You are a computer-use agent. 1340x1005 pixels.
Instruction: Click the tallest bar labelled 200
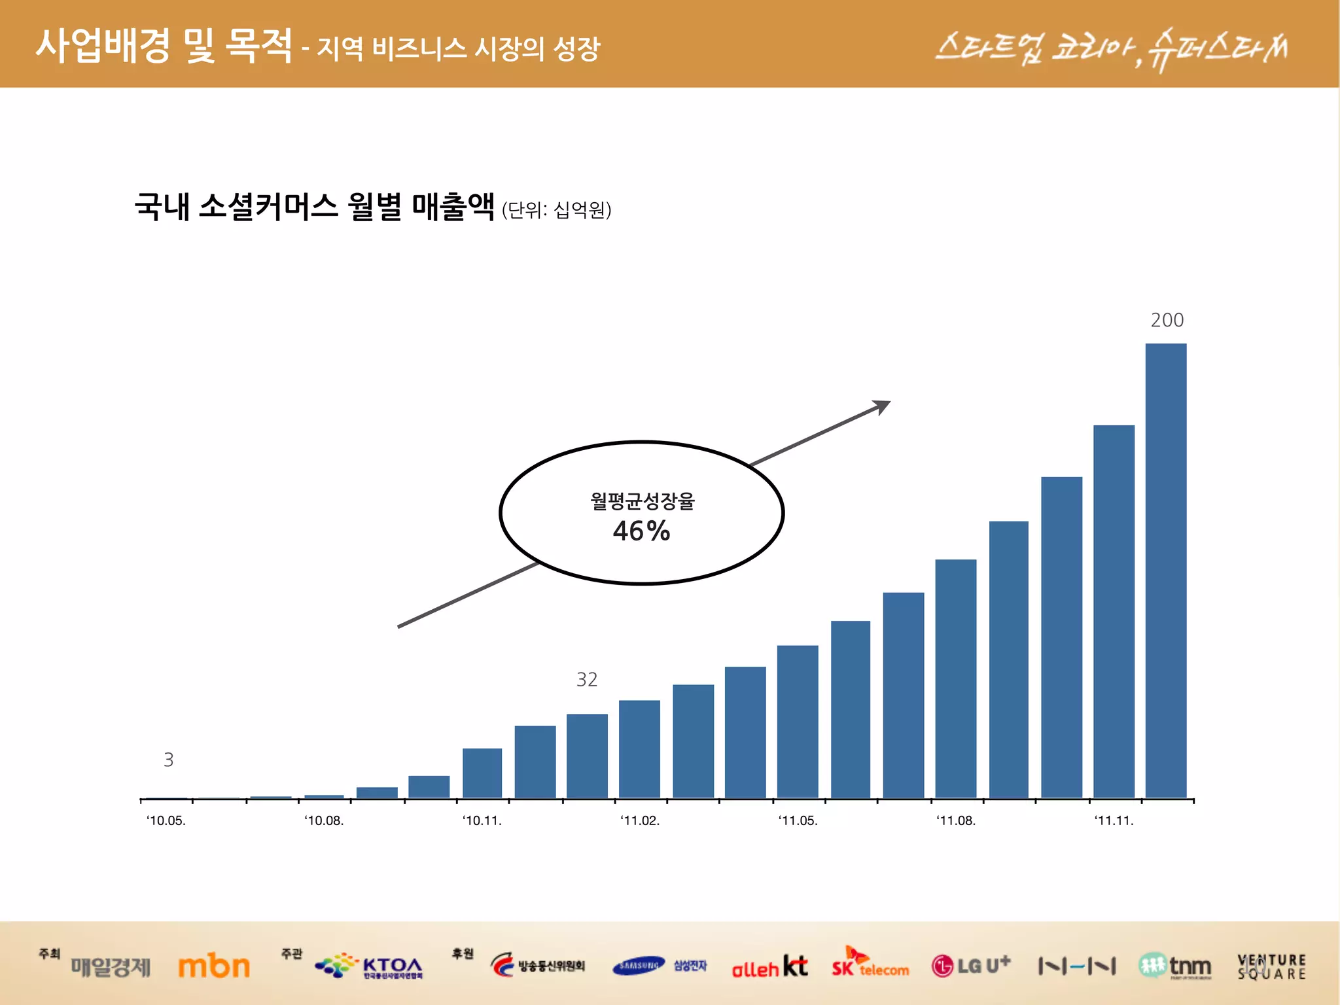pyautogui.click(x=1165, y=569)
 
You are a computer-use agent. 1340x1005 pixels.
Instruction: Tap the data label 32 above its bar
pyautogui.click(x=586, y=680)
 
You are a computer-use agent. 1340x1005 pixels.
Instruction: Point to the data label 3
pyautogui.click(x=168, y=760)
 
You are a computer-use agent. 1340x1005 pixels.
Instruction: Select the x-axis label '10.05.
pyautogui.click(x=166, y=820)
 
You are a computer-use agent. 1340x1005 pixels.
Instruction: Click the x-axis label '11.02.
pyautogui.click(x=640, y=820)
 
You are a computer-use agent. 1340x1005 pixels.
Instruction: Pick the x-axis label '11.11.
pyautogui.click(x=1114, y=820)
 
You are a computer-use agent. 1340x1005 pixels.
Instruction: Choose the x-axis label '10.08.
pyautogui.click(x=324, y=820)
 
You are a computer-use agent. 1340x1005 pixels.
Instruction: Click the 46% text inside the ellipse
pyautogui.click(x=641, y=531)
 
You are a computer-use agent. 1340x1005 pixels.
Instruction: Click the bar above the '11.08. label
pyautogui.click(x=955, y=678)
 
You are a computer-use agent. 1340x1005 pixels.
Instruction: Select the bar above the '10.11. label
pyautogui.click(x=482, y=773)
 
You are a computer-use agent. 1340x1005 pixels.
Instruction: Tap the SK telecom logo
pyautogui.click(x=870, y=964)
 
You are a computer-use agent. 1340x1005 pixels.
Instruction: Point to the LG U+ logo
pyautogui.click(x=971, y=965)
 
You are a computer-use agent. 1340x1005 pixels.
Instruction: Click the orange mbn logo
pyautogui.click(x=214, y=966)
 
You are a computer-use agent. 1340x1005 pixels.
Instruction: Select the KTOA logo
pyautogui.click(x=370, y=966)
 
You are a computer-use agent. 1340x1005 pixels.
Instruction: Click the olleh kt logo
pyautogui.click(x=769, y=966)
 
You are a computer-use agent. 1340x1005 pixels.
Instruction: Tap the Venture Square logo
pyautogui.click(x=1271, y=966)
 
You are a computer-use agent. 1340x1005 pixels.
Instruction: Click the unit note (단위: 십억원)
pyautogui.click(x=556, y=210)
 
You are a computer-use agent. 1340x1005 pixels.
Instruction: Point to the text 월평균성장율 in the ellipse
pyautogui.click(x=642, y=501)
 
